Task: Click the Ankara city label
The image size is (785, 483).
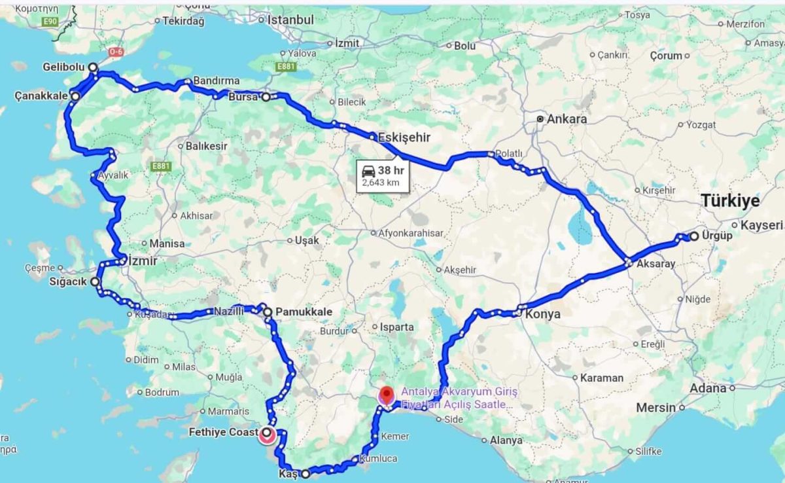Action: (567, 120)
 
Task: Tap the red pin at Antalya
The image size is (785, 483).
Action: (386, 395)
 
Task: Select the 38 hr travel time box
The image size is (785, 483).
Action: (383, 176)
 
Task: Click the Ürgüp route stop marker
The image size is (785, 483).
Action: (693, 236)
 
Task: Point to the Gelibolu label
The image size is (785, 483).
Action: (63, 67)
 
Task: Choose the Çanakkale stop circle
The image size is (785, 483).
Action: (75, 97)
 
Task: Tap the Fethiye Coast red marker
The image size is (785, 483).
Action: (267, 434)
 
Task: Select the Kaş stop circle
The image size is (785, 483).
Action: (305, 474)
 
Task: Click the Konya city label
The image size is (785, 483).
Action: (543, 314)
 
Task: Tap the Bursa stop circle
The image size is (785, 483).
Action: (266, 97)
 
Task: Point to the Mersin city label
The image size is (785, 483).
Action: (655, 408)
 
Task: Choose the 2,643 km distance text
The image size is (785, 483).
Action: (380, 183)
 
